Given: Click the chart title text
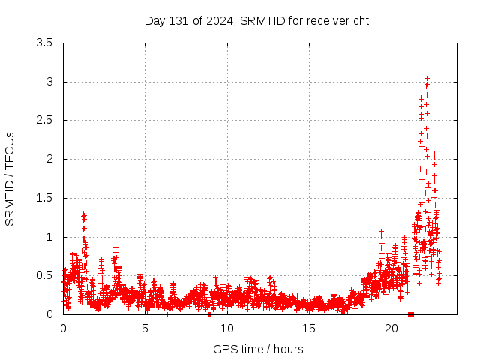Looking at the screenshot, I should (x=257, y=20).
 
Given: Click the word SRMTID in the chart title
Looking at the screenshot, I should (x=262, y=20).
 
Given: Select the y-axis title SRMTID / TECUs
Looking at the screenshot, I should (x=10, y=178).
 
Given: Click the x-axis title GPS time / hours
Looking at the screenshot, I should (x=258, y=349).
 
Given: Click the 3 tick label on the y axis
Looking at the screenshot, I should (x=49, y=82).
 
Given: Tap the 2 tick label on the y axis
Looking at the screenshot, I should (x=49, y=159).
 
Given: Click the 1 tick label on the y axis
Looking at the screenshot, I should (x=49, y=237).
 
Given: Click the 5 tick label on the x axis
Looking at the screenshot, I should (x=145, y=328).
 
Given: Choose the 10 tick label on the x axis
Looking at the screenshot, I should (x=227, y=328).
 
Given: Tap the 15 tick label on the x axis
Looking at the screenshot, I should (x=309, y=328).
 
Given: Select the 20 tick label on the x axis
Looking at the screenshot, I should (x=391, y=328).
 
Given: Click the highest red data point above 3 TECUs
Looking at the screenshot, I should (x=427, y=78).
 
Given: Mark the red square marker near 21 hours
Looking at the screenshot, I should (x=410, y=314).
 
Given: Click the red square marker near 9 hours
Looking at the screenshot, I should (x=210, y=314).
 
